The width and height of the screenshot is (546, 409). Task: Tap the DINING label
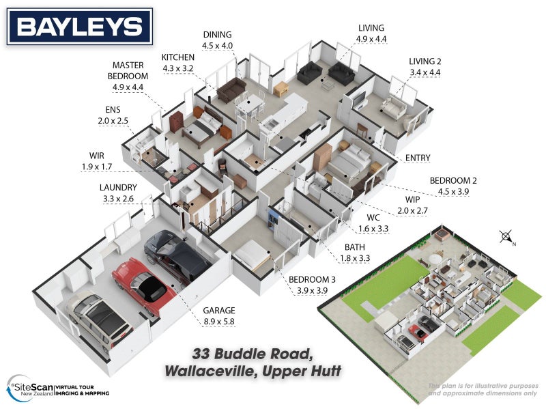(217, 35)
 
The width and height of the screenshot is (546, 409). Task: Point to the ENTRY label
(418, 158)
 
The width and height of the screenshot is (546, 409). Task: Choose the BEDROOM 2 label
(452, 181)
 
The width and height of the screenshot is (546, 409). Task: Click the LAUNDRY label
(118, 187)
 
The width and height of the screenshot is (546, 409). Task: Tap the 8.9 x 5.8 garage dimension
(220, 320)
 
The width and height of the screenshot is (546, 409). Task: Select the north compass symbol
(506, 237)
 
